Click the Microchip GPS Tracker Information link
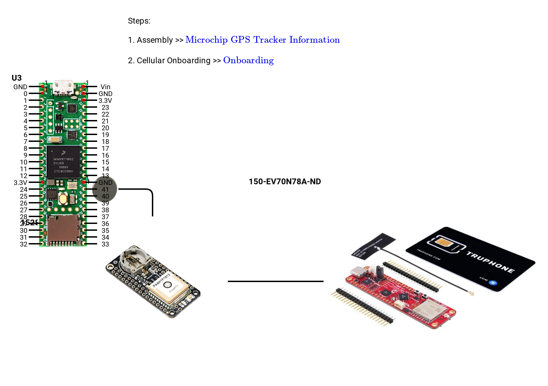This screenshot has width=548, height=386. pos(262,40)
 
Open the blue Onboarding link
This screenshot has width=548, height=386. pos(248,61)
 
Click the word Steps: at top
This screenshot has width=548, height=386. pos(139,21)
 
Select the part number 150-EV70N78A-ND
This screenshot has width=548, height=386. pos(285,182)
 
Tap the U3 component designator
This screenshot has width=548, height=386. pos(16,78)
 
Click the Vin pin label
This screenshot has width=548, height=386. pos(105,87)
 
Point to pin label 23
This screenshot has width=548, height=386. pos(105,107)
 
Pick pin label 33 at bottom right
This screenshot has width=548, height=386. pos(105,244)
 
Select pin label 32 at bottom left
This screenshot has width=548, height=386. pos(24,244)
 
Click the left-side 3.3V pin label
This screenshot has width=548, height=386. pos(20,183)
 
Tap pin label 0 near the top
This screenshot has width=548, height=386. pos(25,94)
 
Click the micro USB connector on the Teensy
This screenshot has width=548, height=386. pos(63,87)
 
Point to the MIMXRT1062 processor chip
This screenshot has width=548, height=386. pos(63,162)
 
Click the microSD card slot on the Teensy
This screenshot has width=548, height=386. pos(63,231)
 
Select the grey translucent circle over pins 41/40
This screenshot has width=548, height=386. pos(105,189)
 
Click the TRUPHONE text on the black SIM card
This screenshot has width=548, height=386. pos(490,263)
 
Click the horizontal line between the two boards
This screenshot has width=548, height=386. pos(275,281)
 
